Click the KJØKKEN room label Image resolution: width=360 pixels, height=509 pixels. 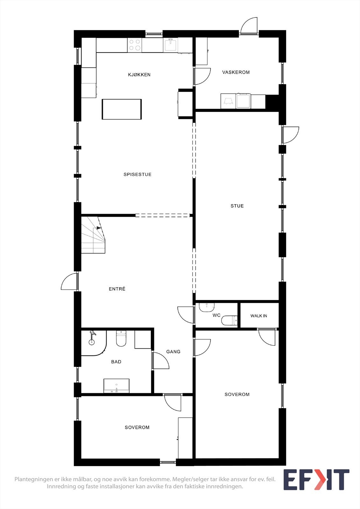(x=139, y=75)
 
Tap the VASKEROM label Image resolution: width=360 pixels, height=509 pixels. (x=236, y=72)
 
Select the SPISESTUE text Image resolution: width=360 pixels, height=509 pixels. (x=138, y=174)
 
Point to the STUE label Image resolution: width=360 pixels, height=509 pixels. (x=237, y=206)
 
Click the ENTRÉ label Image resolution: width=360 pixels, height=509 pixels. (x=117, y=289)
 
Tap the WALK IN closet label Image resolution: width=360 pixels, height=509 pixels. (x=259, y=316)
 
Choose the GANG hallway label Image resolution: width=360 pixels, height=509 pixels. (x=173, y=352)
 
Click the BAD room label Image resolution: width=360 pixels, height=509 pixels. (x=116, y=362)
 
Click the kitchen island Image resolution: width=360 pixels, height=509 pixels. (x=122, y=109)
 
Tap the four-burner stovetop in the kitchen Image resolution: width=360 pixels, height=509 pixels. (x=135, y=45)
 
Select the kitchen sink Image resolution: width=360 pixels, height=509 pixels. (x=171, y=45)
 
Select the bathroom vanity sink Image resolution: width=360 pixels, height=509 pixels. (x=116, y=386)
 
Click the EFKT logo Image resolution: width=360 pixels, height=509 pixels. (x=316, y=480)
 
